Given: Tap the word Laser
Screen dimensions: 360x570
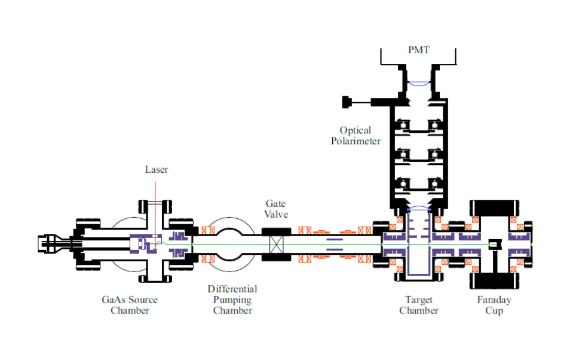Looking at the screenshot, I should tap(157, 169).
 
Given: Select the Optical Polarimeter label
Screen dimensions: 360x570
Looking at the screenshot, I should tap(356, 135).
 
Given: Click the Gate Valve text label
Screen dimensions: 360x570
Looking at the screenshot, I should tap(275, 209).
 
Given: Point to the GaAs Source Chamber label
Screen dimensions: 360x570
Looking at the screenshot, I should tap(130, 304).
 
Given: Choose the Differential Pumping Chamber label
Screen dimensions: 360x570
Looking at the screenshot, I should tap(232, 300).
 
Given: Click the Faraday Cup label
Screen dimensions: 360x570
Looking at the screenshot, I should tap(494, 304).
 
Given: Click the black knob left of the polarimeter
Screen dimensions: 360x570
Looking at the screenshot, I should tap(347, 102).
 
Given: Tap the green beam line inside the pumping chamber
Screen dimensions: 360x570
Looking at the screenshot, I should tap(232, 243).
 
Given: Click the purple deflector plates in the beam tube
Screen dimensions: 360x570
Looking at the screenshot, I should tap(335, 244).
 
